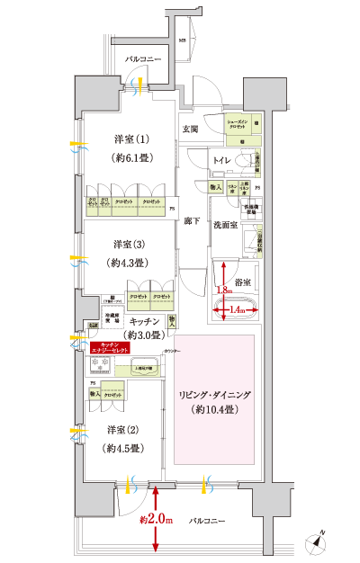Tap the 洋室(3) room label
click(x=130, y=244)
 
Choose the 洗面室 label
click(x=225, y=227)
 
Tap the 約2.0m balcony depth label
click(x=156, y=521)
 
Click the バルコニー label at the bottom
click(x=209, y=521)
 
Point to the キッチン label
click(x=120, y=321)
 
